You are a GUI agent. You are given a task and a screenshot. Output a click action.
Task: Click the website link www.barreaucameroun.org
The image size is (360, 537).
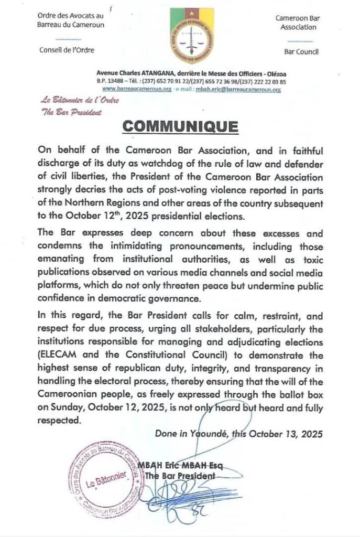[x=131, y=89]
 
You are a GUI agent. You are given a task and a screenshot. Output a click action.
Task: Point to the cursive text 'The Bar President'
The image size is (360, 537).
[x=63, y=111]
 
